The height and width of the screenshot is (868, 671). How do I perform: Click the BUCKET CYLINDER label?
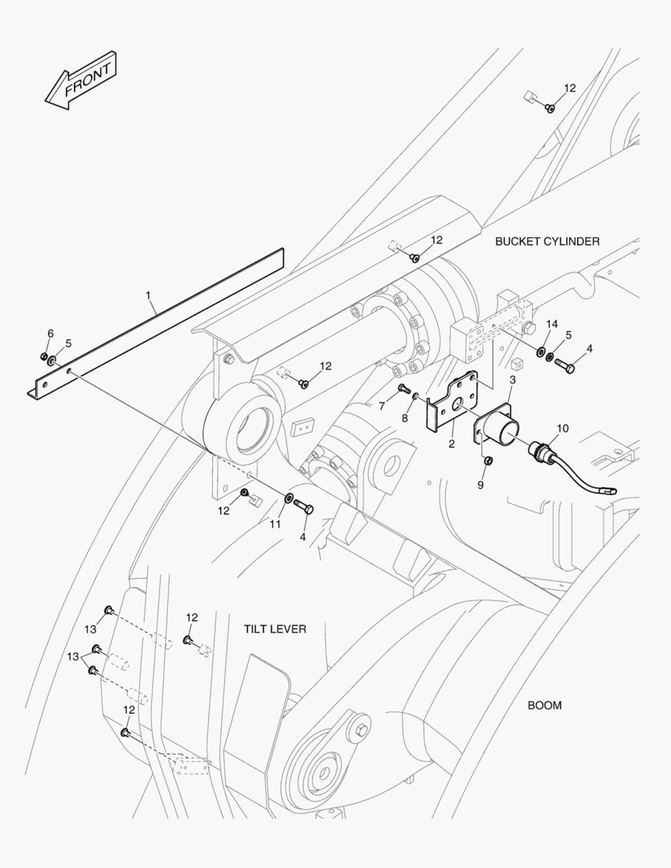click(546, 241)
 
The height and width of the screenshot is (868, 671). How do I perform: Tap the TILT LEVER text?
click(275, 628)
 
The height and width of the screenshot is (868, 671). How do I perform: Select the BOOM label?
click(544, 706)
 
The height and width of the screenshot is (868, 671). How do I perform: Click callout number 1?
click(149, 296)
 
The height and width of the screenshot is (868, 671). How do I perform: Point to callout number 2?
click(452, 443)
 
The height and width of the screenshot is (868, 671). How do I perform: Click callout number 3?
click(513, 379)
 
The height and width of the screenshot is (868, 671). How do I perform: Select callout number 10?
click(562, 428)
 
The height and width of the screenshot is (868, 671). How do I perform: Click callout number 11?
click(276, 524)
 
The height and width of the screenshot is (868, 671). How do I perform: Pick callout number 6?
click(50, 334)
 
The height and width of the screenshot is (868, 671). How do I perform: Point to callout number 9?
click(481, 485)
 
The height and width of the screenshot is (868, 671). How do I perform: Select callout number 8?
click(405, 418)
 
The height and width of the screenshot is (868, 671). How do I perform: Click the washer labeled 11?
click(288, 504)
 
